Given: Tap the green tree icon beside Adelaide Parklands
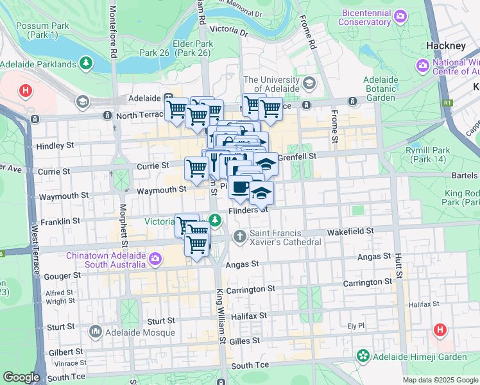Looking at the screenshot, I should tap(85, 64).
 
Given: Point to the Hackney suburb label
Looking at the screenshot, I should tap(445, 46).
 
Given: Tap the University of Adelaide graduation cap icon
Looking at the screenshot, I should tap(309, 83).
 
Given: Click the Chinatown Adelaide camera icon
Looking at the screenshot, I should tap(155, 259).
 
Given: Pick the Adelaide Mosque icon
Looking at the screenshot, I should tap(96, 332).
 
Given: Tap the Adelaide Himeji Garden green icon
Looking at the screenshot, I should tap(363, 355).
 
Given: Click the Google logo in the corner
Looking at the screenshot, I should tap(21, 377).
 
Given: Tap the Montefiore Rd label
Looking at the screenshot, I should tap(114, 32).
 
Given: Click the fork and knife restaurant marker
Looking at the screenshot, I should tap(214, 162).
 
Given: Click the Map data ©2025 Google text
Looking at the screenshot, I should tap(440, 380).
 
